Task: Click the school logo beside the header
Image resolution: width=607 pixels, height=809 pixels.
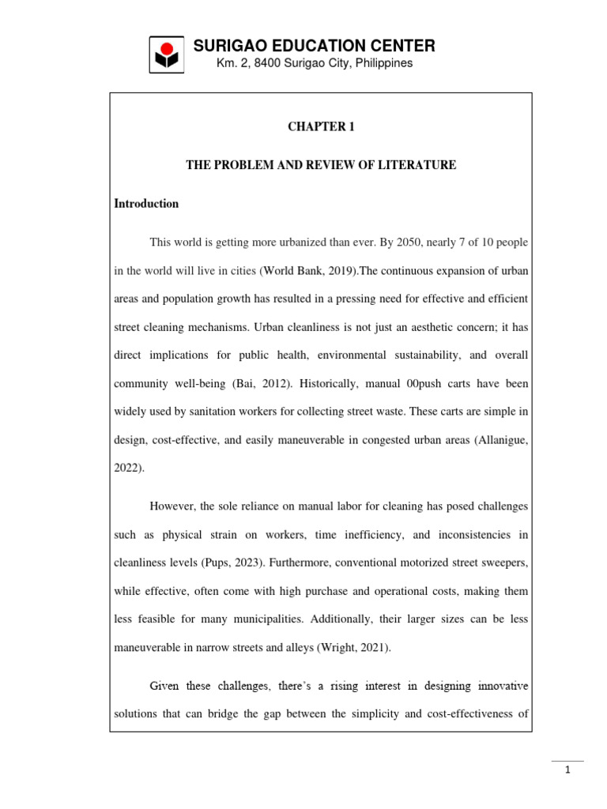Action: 168,55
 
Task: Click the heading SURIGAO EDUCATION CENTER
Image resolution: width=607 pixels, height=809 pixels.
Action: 315,46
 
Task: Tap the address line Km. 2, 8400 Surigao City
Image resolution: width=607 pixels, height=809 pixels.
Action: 315,63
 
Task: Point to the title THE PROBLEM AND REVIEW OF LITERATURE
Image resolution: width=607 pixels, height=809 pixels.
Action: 320,165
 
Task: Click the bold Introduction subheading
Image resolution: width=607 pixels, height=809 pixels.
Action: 147,204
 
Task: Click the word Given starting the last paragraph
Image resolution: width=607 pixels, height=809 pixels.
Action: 165,685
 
